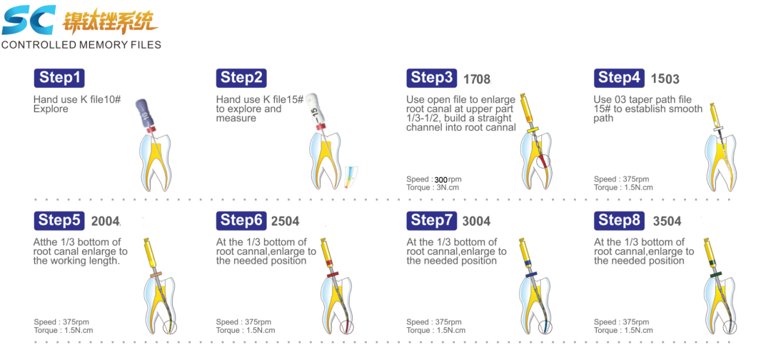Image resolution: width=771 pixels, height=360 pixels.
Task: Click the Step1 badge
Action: [x=59, y=78]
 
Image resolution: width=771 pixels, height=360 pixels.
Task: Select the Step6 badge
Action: [x=241, y=221]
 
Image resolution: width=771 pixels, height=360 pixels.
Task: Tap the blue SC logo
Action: [x=29, y=20]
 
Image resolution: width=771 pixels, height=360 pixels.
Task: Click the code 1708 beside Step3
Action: [x=477, y=79]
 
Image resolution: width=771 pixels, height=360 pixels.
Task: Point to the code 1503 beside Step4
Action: [x=665, y=79]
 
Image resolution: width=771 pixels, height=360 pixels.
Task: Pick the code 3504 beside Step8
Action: [x=667, y=221]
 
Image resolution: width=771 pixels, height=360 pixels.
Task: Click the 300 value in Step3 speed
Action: [x=440, y=179]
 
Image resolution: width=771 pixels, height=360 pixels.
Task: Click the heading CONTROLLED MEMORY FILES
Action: [x=81, y=45]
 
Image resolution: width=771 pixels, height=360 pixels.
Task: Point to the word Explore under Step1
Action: [x=51, y=109]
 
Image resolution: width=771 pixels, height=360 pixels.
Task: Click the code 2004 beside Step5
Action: [x=105, y=221]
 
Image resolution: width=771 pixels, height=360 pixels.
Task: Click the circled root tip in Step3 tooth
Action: [x=543, y=161]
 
